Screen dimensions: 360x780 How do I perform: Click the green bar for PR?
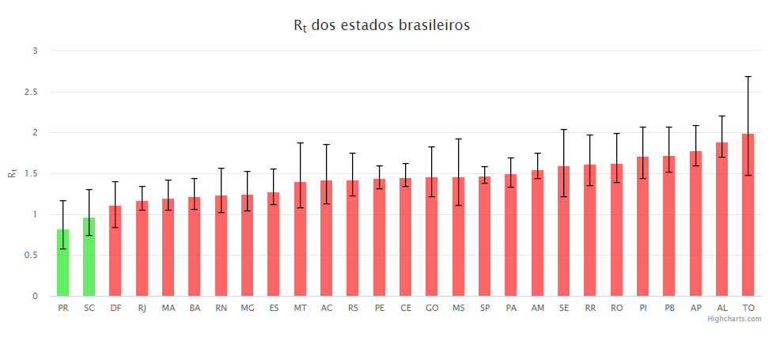pyautogui.click(x=63, y=263)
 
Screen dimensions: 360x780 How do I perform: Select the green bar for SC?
pyautogui.click(x=89, y=257)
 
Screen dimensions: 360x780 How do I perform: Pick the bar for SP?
pyautogui.click(x=484, y=237)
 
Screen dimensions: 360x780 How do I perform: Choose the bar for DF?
pyautogui.click(x=115, y=251)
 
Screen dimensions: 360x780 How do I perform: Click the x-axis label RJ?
pyautogui.click(x=142, y=307)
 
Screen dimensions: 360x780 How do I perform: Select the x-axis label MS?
pyautogui.click(x=458, y=307)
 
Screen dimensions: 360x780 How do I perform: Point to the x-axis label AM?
pyautogui.click(x=537, y=307)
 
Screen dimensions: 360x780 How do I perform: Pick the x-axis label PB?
pyautogui.click(x=669, y=307)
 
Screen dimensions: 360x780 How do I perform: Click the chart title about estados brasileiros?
pyautogui.click(x=381, y=26)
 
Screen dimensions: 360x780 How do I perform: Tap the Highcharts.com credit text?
pyautogui.click(x=734, y=319)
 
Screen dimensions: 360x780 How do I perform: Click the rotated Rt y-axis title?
pyautogui.click(x=13, y=173)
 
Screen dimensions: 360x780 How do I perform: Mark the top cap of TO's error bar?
pyautogui.click(x=748, y=77)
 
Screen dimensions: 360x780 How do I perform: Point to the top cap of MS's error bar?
pyautogui.click(x=458, y=139)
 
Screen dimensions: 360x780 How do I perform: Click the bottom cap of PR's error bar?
pyautogui.click(x=63, y=249)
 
